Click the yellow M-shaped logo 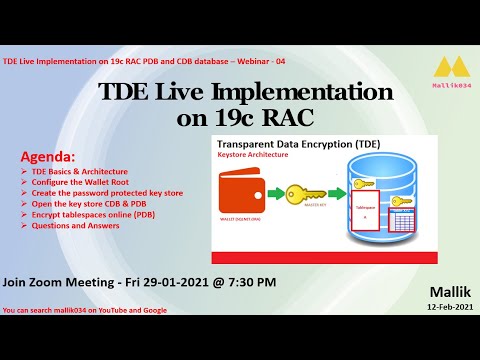(x=447, y=69)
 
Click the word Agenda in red (x=47, y=158)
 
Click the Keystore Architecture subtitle (x=259, y=156)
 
